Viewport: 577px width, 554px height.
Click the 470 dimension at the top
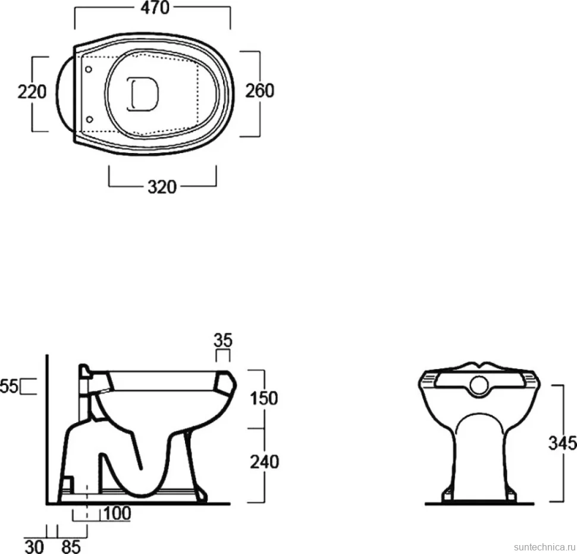point(155,8)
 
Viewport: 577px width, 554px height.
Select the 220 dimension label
point(32,92)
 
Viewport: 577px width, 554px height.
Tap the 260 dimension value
point(260,91)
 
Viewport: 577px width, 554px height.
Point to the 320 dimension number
point(162,187)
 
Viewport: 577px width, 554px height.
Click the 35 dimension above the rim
point(223,340)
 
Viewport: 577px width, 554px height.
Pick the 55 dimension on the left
point(9,387)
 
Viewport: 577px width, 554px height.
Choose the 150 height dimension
point(264,398)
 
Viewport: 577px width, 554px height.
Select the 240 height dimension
point(265,462)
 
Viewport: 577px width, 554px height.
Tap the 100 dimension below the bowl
point(117,514)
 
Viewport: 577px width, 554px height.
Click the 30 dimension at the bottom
point(34,547)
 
